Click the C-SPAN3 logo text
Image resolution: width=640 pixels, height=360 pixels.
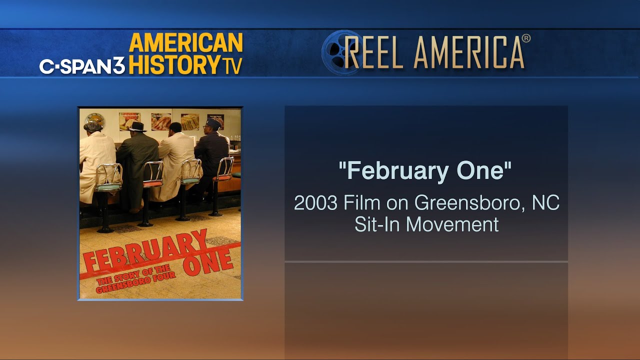82,66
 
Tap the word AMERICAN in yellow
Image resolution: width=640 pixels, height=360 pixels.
186,42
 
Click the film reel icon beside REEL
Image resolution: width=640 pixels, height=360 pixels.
340,52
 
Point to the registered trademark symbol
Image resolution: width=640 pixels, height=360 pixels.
526,38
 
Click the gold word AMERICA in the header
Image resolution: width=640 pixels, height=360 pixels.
469,53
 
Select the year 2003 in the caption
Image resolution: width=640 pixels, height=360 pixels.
315,203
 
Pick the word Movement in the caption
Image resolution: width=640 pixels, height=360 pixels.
452,224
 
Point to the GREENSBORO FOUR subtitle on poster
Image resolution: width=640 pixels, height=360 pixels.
135,281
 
